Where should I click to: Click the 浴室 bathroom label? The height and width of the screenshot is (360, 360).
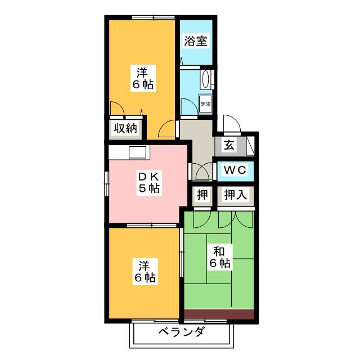coord(196,41)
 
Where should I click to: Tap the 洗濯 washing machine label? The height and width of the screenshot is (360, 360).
coord(205,104)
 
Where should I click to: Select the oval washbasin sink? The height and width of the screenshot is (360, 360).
coord(205,79)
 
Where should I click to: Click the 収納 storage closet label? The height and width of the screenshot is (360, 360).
coord(125,128)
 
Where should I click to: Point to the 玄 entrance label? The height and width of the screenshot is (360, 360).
coord(229,145)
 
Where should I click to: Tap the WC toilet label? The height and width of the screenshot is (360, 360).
coord(235,170)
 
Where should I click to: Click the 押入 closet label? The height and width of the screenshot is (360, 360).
coord(235,195)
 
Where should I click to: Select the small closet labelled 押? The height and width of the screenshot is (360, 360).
coord(202,195)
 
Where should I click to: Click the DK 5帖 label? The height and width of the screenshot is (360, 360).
coord(148,182)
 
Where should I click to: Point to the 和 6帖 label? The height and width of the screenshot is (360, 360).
coord(220,257)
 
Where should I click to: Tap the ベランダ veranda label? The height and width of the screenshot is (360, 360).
coord(181,332)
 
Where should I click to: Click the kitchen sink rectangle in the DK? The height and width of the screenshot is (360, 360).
coord(137,152)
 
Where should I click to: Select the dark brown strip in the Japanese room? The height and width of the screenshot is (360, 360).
coord(219,314)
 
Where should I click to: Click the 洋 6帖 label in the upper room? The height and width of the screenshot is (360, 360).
coord(142,78)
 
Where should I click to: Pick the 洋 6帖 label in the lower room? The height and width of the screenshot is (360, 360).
coord(145,272)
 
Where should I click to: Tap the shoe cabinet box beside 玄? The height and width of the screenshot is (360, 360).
coord(250,146)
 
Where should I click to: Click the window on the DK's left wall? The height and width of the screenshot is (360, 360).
coord(106,184)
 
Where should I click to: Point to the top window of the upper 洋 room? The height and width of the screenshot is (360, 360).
coord(154,17)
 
